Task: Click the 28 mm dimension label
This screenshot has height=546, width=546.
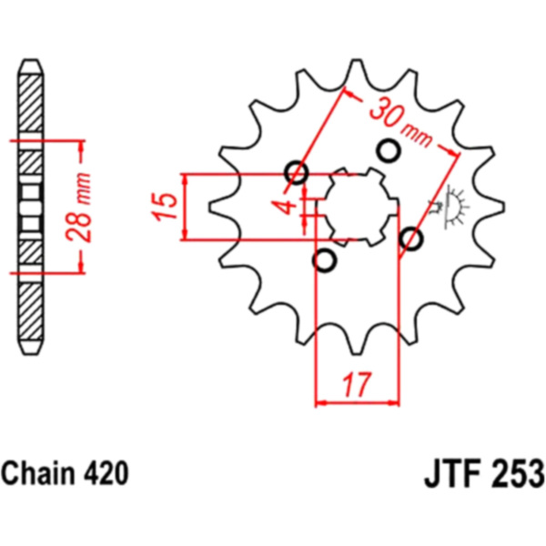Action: tap(78, 207)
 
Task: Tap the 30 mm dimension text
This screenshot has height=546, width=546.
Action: tap(400, 122)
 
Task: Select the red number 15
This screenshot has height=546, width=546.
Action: tap(164, 207)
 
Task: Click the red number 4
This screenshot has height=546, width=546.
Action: tap(285, 207)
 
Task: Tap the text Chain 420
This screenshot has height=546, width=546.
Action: tap(66, 473)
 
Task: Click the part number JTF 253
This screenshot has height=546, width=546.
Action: tap(484, 473)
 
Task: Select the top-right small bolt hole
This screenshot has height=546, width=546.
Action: tap(389, 150)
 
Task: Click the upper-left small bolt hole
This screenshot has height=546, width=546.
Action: tap(297, 172)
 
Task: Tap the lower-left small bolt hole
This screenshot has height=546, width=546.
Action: tap(325, 260)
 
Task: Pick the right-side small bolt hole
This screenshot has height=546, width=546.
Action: tap(411, 238)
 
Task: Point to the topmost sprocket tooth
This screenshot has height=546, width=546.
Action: tap(357, 71)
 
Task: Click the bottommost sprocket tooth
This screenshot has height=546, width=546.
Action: tap(357, 342)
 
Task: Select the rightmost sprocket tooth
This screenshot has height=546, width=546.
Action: tap(491, 207)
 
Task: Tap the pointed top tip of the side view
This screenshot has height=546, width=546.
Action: tap(31, 60)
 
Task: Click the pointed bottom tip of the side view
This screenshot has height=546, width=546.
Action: tap(31, 355)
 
